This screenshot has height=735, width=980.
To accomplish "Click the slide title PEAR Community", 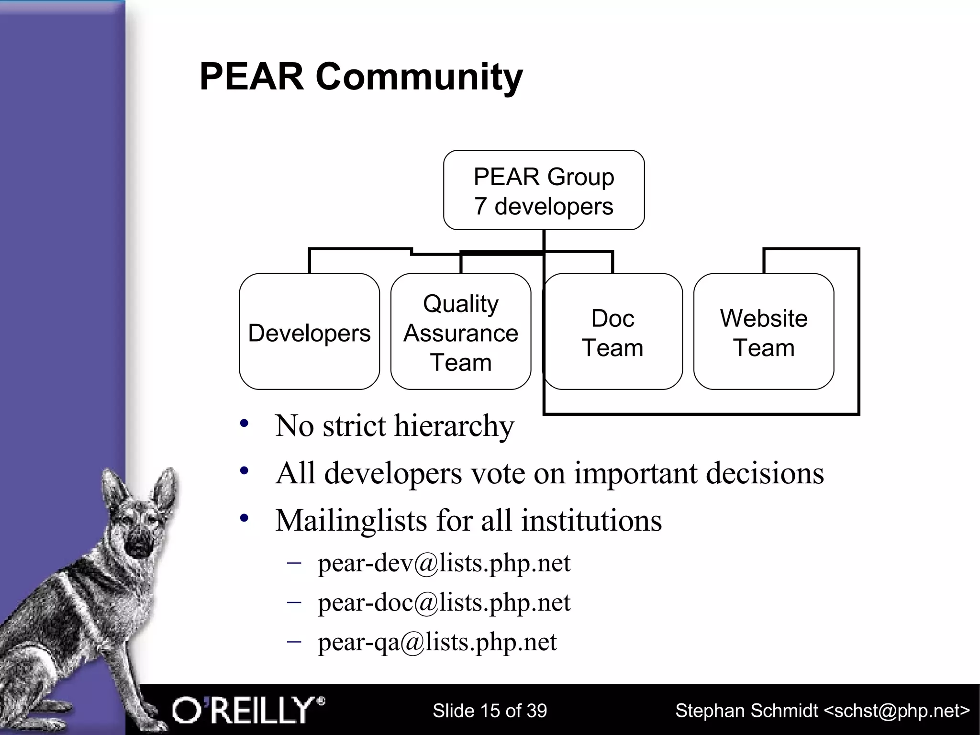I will tap(361, 77).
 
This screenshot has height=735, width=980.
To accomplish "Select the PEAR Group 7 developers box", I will tap(544, 190).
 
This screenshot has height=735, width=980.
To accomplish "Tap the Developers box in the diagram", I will tap(309, 332).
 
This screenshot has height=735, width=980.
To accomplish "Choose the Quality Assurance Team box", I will tap(460, 332).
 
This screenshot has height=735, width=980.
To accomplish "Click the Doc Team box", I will tap(612, 332).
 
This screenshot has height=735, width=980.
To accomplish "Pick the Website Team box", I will tap(764, 332).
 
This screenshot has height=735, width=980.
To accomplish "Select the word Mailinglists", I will tap(351, 520).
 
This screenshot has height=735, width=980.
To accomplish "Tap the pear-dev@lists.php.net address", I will tap(444, 563).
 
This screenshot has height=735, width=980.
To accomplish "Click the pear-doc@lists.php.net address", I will tap(444, 602).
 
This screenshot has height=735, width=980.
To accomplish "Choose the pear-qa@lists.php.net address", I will tap(437, 642).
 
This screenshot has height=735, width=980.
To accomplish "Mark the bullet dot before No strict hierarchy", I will tap(245, 423).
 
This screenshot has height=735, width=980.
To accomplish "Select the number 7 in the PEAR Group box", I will tap(480, 207).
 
